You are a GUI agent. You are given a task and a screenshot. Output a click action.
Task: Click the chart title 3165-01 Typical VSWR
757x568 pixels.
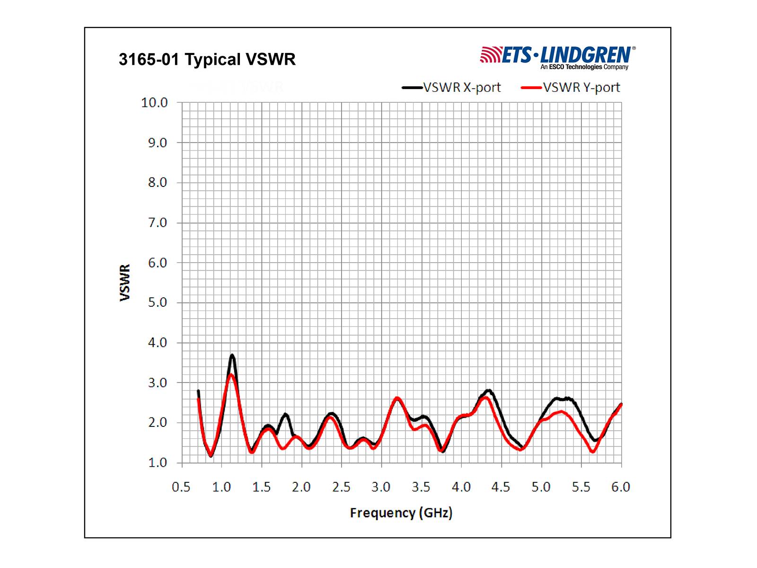[207, 60]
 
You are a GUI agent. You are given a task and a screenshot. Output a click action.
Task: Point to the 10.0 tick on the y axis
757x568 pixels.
[154, 103]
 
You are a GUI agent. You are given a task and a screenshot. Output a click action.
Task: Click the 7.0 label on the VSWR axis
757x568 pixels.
[157, 222]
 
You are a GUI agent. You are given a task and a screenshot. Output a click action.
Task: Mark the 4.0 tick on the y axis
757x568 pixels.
[157, 343]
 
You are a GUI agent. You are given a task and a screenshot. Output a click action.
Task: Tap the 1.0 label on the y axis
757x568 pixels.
[157, 462]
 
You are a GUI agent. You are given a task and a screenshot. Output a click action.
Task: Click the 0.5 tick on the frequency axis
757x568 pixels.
[181, 487]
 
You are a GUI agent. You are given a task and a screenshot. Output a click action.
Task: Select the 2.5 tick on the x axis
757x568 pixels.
[341, 487]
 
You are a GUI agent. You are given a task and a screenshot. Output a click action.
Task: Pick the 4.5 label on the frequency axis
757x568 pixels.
[501, 487]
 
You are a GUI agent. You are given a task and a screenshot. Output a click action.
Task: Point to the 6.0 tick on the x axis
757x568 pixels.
[621, 487]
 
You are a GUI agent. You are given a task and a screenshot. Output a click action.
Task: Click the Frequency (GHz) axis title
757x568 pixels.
[401, 513]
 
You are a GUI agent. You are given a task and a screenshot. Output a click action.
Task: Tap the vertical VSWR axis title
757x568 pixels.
[125, 283]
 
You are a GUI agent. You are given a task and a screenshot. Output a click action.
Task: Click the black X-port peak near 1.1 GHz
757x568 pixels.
[232, 355]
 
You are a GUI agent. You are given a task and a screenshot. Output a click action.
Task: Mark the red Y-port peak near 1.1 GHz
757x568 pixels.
[231, 375]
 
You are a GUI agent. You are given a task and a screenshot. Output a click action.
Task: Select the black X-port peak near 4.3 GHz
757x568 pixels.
[489, 390]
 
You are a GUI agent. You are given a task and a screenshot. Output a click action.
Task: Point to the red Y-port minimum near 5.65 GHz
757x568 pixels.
[592, 452]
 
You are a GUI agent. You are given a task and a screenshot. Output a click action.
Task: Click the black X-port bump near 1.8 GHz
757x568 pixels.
[285, 415]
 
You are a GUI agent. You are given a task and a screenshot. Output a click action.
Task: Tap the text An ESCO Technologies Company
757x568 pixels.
[584, 67]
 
